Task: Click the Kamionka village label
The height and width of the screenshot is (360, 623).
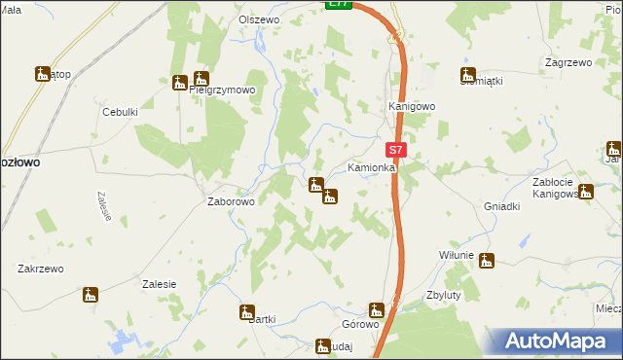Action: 371,168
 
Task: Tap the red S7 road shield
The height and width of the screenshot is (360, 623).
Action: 395,151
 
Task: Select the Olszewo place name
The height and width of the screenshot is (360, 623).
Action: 260,19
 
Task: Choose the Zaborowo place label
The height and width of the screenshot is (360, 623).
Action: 231,202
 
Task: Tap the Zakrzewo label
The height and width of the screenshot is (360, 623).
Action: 40,269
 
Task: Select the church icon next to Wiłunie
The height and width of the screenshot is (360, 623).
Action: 486,260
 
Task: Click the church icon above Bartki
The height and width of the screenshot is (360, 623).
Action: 246,312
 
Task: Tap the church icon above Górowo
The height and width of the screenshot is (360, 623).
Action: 377,310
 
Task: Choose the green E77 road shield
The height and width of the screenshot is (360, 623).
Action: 338,4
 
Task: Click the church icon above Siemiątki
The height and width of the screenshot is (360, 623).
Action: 468,73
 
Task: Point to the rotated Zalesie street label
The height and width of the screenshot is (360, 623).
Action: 101,205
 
